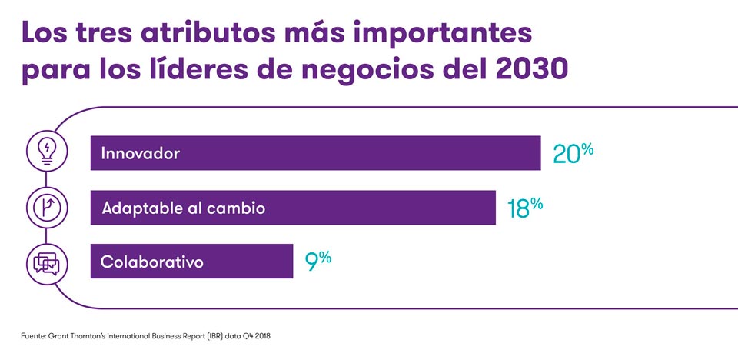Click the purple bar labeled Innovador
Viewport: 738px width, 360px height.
pos(315,153)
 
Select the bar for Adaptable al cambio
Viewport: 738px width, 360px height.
pos(293,208)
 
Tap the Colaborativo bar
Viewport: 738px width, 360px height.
pos(191,262)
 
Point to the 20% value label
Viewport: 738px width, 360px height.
pos(573,152)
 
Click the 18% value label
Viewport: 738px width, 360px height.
pos(526,207)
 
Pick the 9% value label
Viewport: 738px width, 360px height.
pos(318,261)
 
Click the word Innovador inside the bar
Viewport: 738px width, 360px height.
pos(140,153)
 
